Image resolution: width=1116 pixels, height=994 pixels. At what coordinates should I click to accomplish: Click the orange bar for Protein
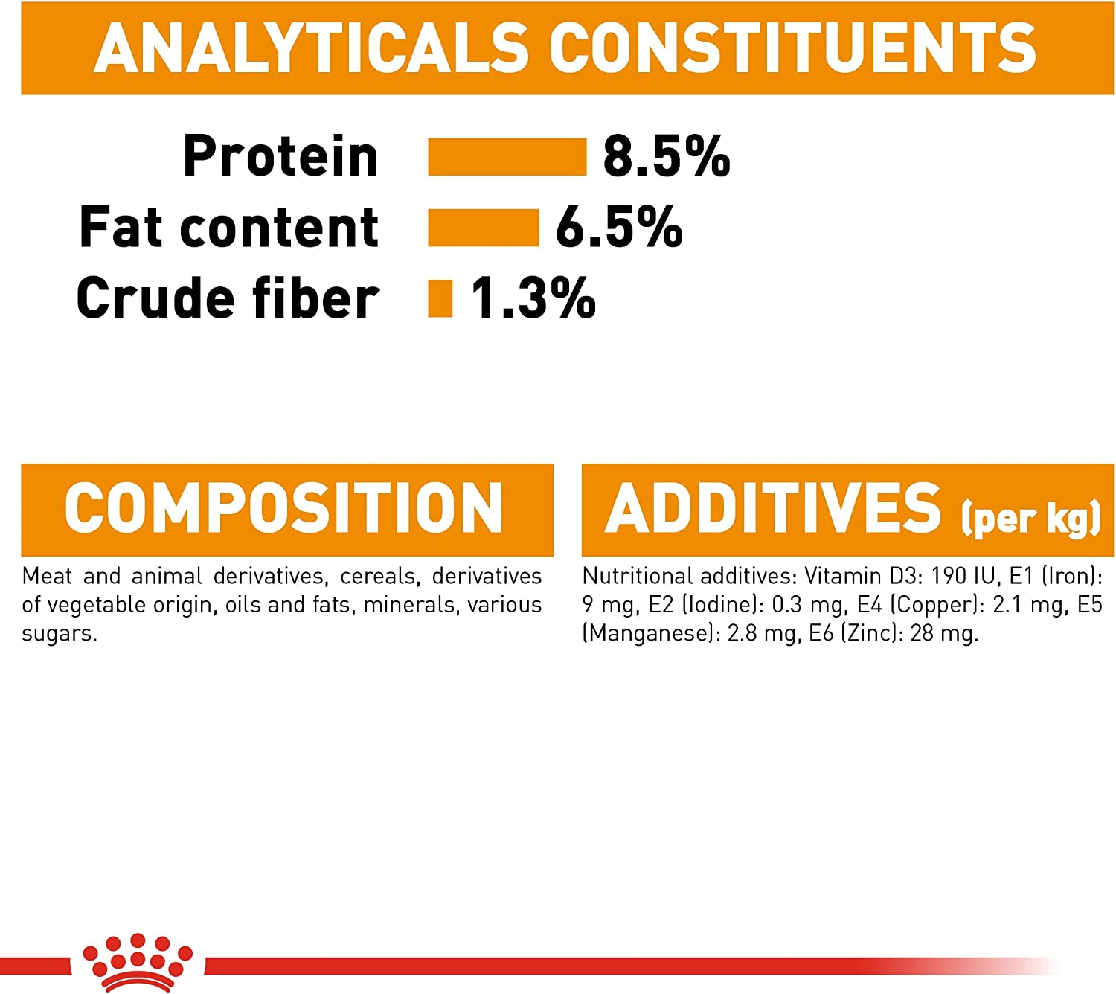point(507,156)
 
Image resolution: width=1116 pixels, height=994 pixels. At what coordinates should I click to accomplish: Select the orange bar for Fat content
point(483,228)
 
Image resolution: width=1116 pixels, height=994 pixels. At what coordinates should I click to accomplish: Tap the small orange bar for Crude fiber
point(440,298)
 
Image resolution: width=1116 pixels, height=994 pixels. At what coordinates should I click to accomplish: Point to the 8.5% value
point(667,156)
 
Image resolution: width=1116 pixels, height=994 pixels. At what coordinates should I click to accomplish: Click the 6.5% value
point(618,228)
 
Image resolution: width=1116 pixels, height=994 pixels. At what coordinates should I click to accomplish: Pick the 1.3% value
point(533,298)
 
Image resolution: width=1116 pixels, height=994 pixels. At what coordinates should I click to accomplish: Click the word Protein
point(280,156)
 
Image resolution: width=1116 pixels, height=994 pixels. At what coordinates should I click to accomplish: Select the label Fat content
point(229,226)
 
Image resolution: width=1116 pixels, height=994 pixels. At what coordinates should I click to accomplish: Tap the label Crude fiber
point(228,298)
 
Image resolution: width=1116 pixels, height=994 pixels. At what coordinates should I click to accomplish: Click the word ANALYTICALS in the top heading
point(311,48)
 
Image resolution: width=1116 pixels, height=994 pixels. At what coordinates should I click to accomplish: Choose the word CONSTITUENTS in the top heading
point(792,48)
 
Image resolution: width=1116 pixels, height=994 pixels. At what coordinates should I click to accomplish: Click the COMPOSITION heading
point(283,507)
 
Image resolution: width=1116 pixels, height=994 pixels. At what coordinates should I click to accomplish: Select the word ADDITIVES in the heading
point(773,507)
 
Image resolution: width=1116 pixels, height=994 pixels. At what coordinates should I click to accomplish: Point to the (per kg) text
point(1030,518)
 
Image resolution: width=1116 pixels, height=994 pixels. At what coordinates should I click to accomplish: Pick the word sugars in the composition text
point(60,634)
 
